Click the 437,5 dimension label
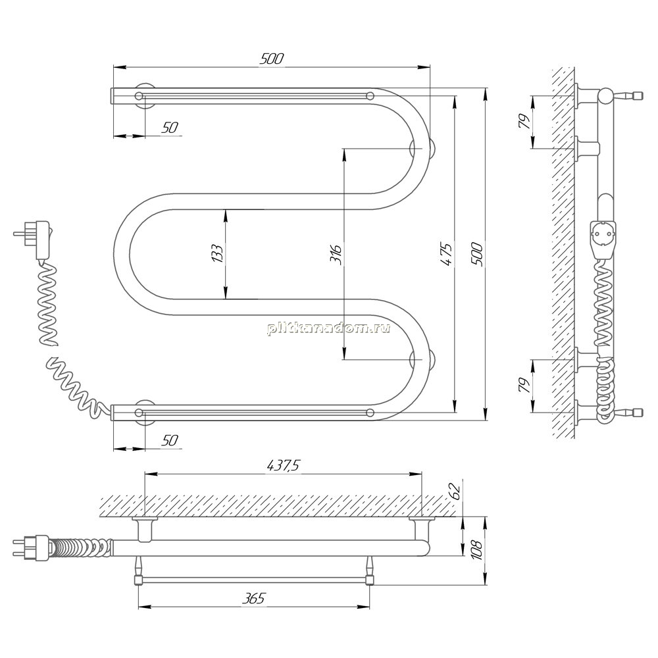284,465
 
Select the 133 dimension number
217,253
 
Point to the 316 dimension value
336,253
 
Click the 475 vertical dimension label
447,253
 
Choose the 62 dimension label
455,491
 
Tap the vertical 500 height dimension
478,253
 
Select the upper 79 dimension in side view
525,121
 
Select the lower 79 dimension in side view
525,385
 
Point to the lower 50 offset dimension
170,440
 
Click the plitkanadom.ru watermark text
328,328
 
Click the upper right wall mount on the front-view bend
423,149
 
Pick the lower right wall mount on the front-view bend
423,359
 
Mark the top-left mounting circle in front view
139,95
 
